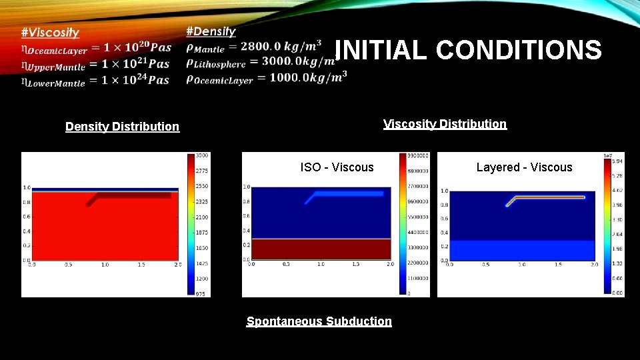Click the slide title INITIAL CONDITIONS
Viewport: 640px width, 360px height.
[x=468, y=50]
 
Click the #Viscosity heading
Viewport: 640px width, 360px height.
[x=49, y=32]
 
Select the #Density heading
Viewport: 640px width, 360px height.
[x=211, y=31]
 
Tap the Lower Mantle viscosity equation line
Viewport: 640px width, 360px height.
[x=95, y=81]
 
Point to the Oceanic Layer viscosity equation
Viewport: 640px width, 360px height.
[x=95, y=49]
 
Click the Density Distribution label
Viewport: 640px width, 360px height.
[x=122, y=127]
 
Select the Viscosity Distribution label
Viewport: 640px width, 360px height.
[x=445, y=124]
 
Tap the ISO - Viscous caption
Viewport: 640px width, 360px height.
[x=337, y=167]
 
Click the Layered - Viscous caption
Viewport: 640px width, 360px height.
[x=524, y=167]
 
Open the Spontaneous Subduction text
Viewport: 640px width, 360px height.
[x=319, y=321]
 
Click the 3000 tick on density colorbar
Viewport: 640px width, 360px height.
[x=201, y=155]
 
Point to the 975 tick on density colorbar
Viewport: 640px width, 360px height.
[x=201, y=293]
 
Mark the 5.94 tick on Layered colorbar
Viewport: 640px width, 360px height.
[x=617, y=161]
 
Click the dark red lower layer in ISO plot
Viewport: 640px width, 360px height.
[x=320, y=249]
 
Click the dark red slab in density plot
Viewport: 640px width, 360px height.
[x=133, y=196]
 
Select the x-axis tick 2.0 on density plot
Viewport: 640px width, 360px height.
[x=177, y=265]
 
